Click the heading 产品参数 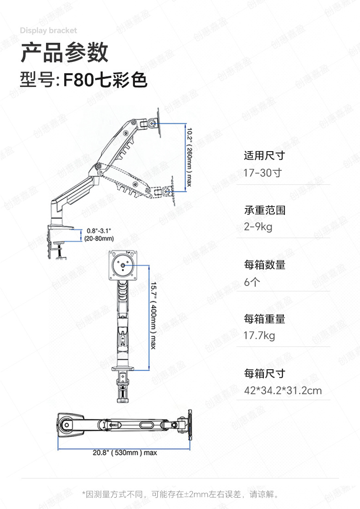64,53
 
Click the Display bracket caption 48,31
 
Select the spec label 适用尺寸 264,156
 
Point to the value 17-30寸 263,173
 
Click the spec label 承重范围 264,210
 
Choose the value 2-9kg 258,227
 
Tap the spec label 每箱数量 264,265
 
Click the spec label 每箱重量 264,319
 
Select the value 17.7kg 259,336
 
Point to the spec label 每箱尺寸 264,373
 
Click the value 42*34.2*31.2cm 283,391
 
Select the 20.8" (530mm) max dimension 124,453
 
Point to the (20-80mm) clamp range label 99,239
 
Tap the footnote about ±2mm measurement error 180,494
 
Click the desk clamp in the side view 57,239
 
